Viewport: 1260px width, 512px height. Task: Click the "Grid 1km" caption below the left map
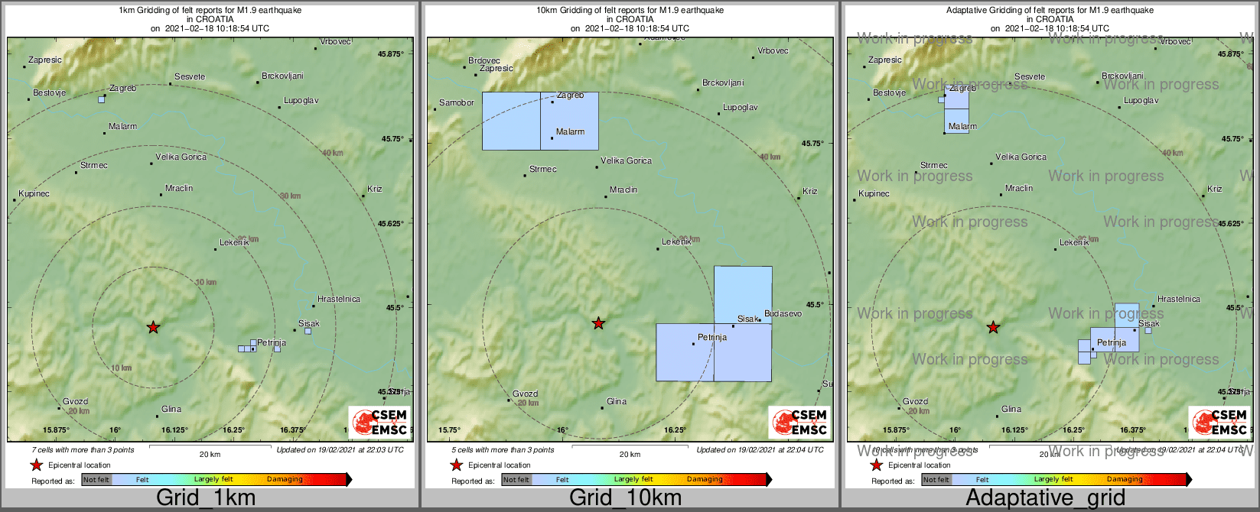206,498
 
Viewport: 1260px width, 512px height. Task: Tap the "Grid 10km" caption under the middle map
625,498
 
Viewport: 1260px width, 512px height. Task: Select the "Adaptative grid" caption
1045,498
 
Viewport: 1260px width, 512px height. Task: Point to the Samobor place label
457,102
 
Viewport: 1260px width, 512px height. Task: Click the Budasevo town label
783,313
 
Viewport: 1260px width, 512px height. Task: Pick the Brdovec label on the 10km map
484,60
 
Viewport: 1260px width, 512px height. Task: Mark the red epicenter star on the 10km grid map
599,324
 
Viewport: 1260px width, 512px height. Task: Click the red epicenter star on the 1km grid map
153,327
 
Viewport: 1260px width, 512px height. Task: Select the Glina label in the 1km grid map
171,410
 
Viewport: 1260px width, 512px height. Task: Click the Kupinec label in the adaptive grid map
874,193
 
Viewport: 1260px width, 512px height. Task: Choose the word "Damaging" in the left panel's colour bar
285,480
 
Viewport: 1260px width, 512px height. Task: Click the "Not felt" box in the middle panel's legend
516,480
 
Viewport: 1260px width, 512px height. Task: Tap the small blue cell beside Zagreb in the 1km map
102,99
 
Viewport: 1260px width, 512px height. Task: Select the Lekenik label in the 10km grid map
676,241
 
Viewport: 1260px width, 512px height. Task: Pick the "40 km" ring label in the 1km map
332,153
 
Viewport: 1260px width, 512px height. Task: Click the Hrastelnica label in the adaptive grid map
1179,299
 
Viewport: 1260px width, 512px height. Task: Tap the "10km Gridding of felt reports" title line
630,11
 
